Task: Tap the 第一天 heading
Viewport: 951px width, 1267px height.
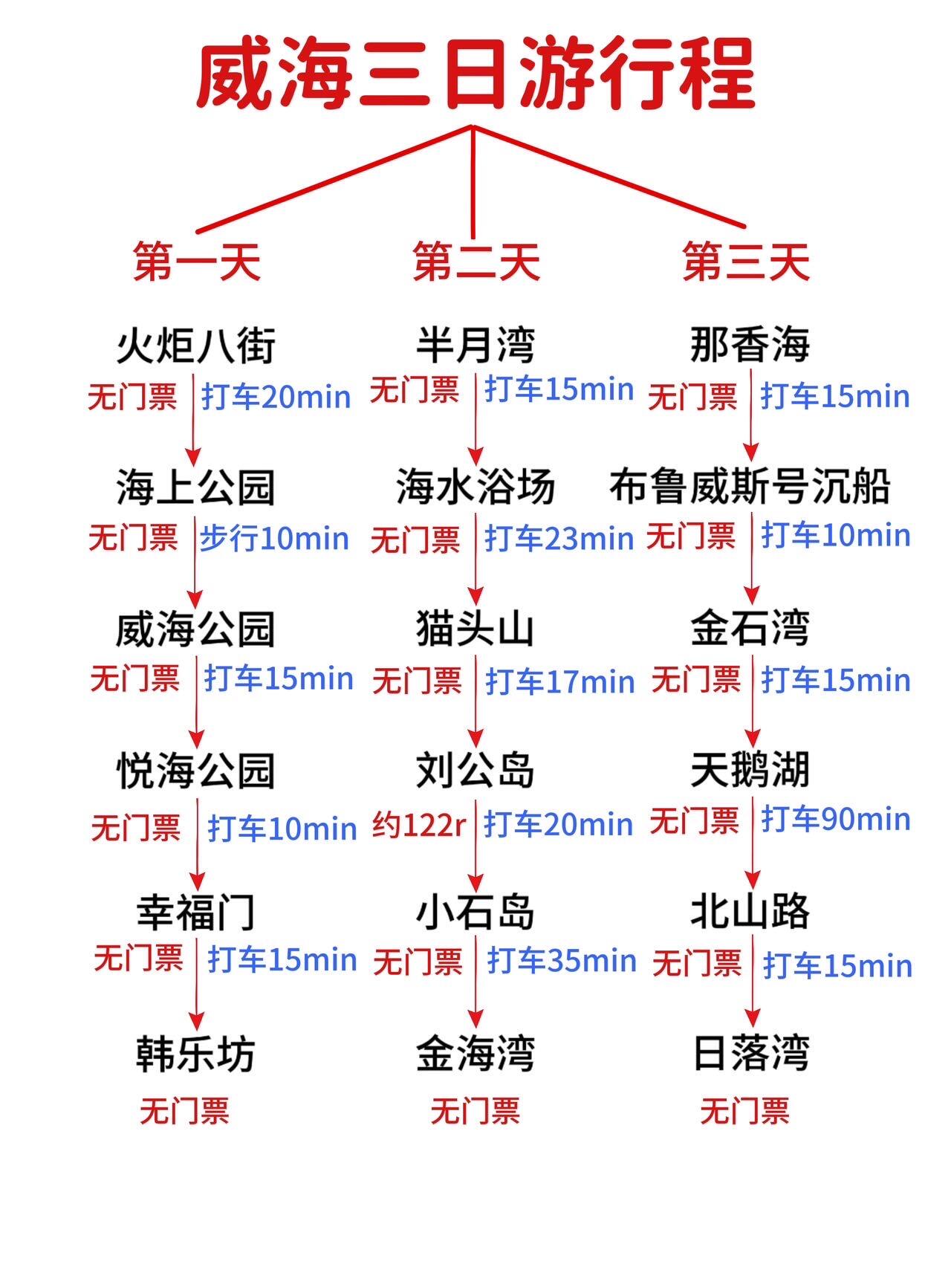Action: (x=197, y=262)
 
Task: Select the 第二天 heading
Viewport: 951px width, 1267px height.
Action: (x=475, y=262)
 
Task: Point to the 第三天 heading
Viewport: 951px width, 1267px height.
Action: (x=746, y=262)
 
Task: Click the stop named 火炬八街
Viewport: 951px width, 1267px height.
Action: (x=196, y=346)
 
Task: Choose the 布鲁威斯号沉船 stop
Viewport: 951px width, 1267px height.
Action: (x=750, y=487)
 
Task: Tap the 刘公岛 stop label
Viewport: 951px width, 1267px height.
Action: (x=475, y=770)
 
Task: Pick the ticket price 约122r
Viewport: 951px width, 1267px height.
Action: (x=418, y=825)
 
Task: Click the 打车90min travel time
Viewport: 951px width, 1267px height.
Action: (x=836, y=819)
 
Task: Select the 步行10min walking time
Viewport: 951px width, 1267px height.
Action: (x=274, y=538)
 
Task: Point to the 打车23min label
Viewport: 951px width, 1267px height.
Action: (x=559, y=539)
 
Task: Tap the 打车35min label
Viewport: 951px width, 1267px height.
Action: (x=562, y=961)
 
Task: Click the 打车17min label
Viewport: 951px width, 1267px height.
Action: (x=560, y=681)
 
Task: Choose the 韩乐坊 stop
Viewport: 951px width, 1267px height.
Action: (x=196, y=1054)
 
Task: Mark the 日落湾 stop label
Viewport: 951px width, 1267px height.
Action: (x=750, y=1054)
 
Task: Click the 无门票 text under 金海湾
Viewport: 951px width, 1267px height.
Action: (x=475, y=1112)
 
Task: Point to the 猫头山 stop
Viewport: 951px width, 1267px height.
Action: (x=475, y=629)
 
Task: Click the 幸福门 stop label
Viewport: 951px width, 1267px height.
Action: (x=196, y=913)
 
